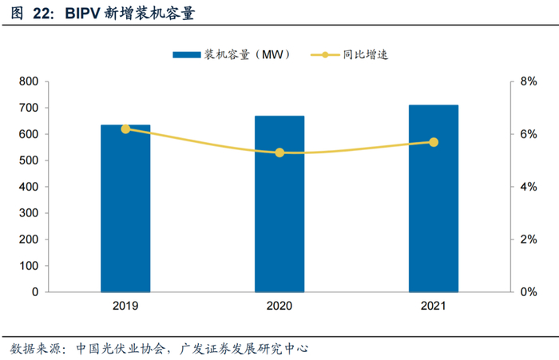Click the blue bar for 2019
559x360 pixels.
click(x=125, y=208)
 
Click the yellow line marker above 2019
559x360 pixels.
click(x=125, y=129)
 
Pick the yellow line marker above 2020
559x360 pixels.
click(x=279, y=152)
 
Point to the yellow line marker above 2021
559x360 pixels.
click(x=434, y=142)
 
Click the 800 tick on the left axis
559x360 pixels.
click(x=29, y=81)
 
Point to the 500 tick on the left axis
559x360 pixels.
click(x=29, y=160)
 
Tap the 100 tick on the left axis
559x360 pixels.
click(x=29, y=266)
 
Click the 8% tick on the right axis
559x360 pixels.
click(x=529, y=81)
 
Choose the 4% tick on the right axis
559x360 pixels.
click(x=529, y=187)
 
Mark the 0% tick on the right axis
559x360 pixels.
click(x=529, y=292)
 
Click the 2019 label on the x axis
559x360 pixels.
click(x=125, y=307)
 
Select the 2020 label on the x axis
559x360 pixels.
click(x=279, y=307)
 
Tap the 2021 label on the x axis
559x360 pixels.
click(x=434, y=307)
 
